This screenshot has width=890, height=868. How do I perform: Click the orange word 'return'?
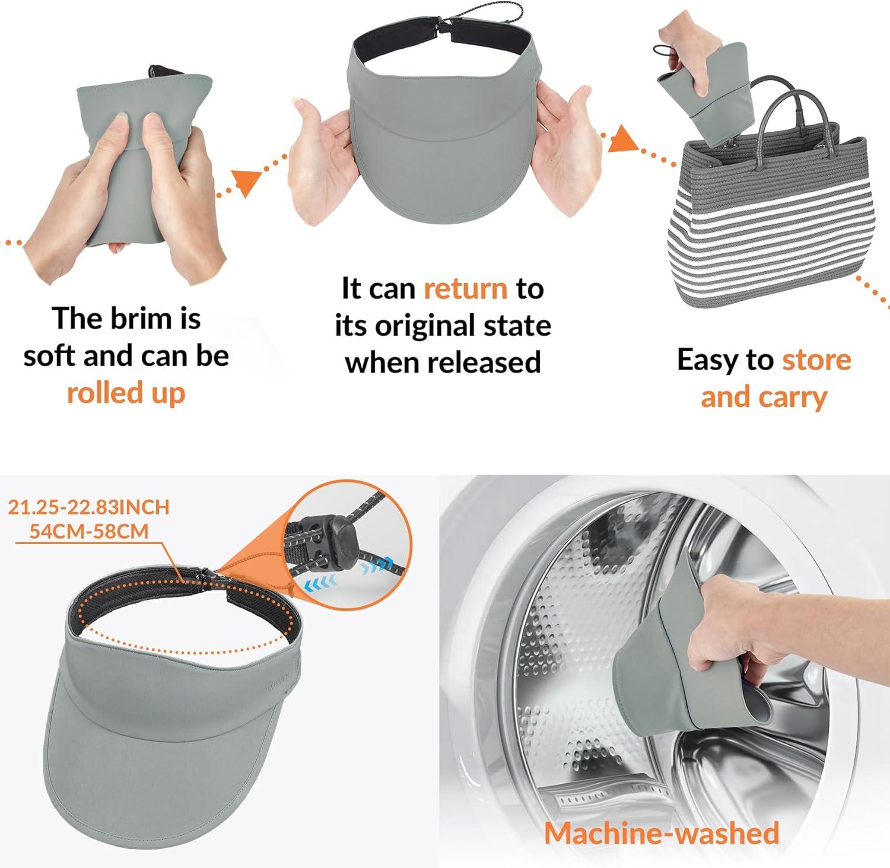click(466, 289)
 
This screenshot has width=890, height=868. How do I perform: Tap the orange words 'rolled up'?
click(126, 393)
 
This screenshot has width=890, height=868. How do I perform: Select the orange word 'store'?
click(816, 360)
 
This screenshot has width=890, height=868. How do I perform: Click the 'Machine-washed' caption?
click(662, 832)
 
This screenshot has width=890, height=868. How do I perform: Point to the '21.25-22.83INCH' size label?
click(88, 507)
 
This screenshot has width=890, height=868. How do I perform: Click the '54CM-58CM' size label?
click(89, 530)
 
